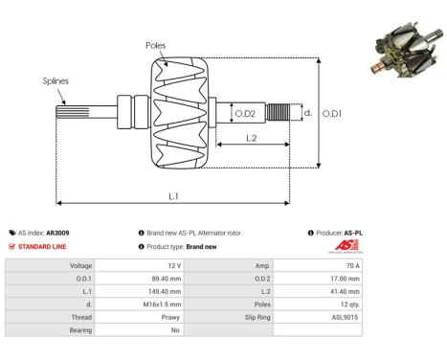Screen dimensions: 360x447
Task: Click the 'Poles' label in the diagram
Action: [155, 45]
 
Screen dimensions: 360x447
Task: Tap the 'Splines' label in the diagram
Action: [56, 81]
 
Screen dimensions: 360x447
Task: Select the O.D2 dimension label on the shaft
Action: [246, 114]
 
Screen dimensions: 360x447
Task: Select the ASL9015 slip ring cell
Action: [345, 315]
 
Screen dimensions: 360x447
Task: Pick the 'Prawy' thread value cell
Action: [169, 315]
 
